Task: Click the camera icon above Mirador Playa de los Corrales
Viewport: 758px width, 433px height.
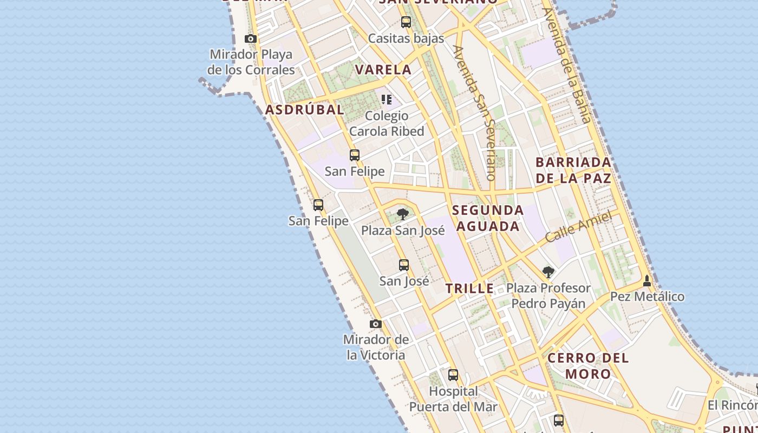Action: click(x=250, y=39)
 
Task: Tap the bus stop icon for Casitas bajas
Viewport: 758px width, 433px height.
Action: click(x=406, y=22)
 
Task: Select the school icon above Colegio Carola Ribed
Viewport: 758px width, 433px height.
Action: click(x=387, y=99)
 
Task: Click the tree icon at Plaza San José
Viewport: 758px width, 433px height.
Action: click(x=402, y=214)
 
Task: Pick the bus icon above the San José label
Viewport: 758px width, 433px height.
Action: click(x=404, y=265)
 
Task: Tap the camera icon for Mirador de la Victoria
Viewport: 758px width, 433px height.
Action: click(x=375, y=324)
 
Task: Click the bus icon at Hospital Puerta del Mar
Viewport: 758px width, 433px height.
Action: click(x=453, y=375)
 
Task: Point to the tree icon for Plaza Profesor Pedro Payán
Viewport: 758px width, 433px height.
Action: click(x=548, y=272)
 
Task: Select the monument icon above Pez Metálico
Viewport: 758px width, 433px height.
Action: click(x=646, y=281)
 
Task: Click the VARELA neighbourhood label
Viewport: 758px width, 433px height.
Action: click(x=383, y=70)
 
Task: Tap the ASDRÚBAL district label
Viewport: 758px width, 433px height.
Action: click(x=304, y=110)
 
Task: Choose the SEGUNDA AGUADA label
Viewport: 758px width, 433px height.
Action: click(x=488, y=218)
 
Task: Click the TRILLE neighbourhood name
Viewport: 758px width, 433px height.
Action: click(x=469, y=288)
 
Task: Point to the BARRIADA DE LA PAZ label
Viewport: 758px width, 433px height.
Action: click(x=573, y=170)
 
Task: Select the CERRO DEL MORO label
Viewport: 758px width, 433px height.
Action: click(x=588, y=365)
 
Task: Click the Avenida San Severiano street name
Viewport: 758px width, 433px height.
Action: click(x=475, y=113)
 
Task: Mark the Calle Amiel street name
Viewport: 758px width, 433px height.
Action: click(x=578, y=226)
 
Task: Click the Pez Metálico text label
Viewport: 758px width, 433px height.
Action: click(x=647, y=297)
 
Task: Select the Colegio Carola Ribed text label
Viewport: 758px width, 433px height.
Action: click(x=387, y=123)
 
